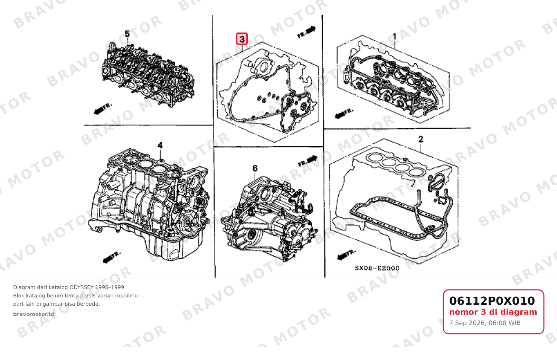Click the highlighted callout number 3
tap(242, 39)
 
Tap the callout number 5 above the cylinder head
tap(127, 34)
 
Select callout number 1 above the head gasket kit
tap(394, 37)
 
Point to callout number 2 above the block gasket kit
tap(421, 139)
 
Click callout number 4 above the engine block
tap(160, 145)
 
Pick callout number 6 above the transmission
tap(255, 168)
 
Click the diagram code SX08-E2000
tap(377, 268)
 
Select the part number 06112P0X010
tap(492, 301)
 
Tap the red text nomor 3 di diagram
tap(493, 312)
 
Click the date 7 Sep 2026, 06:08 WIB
tap(485, 323)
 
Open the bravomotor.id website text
tap(34, 314)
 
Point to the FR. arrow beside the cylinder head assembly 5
tap(103, 109)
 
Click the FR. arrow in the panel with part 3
tap(306, 32)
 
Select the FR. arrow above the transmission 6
tap(308, 161)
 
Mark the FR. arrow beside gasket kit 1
tap(344, 114)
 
